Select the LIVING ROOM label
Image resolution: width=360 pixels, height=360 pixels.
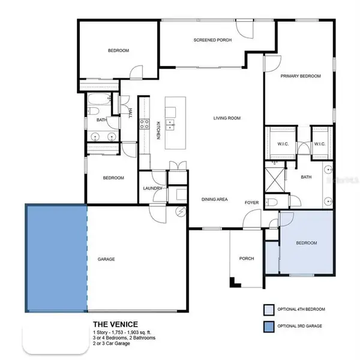point(227,118)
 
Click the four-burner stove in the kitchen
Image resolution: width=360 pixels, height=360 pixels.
point(145,124)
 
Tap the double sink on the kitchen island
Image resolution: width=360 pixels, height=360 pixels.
point(170,125)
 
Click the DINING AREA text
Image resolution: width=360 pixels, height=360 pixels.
point(213,199)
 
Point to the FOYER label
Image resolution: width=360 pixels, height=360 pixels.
point(251,203)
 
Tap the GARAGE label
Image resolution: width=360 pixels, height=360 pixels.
point(106,259)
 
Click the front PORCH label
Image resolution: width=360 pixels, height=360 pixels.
point(246,259)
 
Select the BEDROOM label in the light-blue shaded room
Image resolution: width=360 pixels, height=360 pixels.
point(306,243)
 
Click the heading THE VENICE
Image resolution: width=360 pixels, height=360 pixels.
point(115,325)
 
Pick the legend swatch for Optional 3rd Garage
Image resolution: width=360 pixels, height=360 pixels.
point(268,327)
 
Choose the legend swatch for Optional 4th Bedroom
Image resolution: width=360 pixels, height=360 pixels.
point(268,310)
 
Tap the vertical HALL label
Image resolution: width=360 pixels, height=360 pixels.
point(130,112)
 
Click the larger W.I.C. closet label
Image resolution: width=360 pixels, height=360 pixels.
point(283,143)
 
